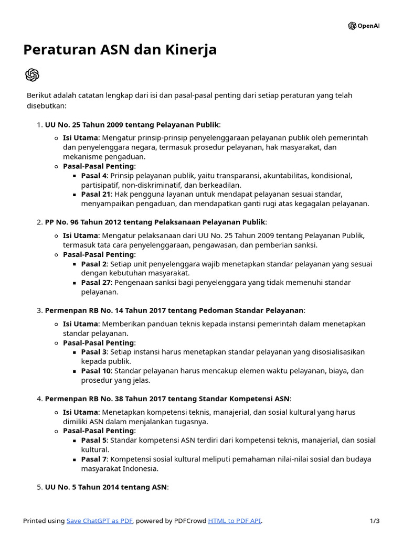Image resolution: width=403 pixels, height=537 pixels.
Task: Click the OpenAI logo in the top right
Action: pyautogui.click(x=363, y=26)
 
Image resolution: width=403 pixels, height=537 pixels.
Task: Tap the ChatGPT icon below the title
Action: pyautogui.click(x=32, y=75)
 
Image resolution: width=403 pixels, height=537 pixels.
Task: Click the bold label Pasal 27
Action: pyautogui.click(x=96, y=282)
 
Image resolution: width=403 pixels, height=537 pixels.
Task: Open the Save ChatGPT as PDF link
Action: pyautogui.click(x=100, y=521)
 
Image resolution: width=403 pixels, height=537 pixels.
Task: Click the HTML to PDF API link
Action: pyautogui.click(x=234, y=521)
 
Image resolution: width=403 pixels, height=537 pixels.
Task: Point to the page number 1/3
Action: pyautogui.click(x=374, y=521)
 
